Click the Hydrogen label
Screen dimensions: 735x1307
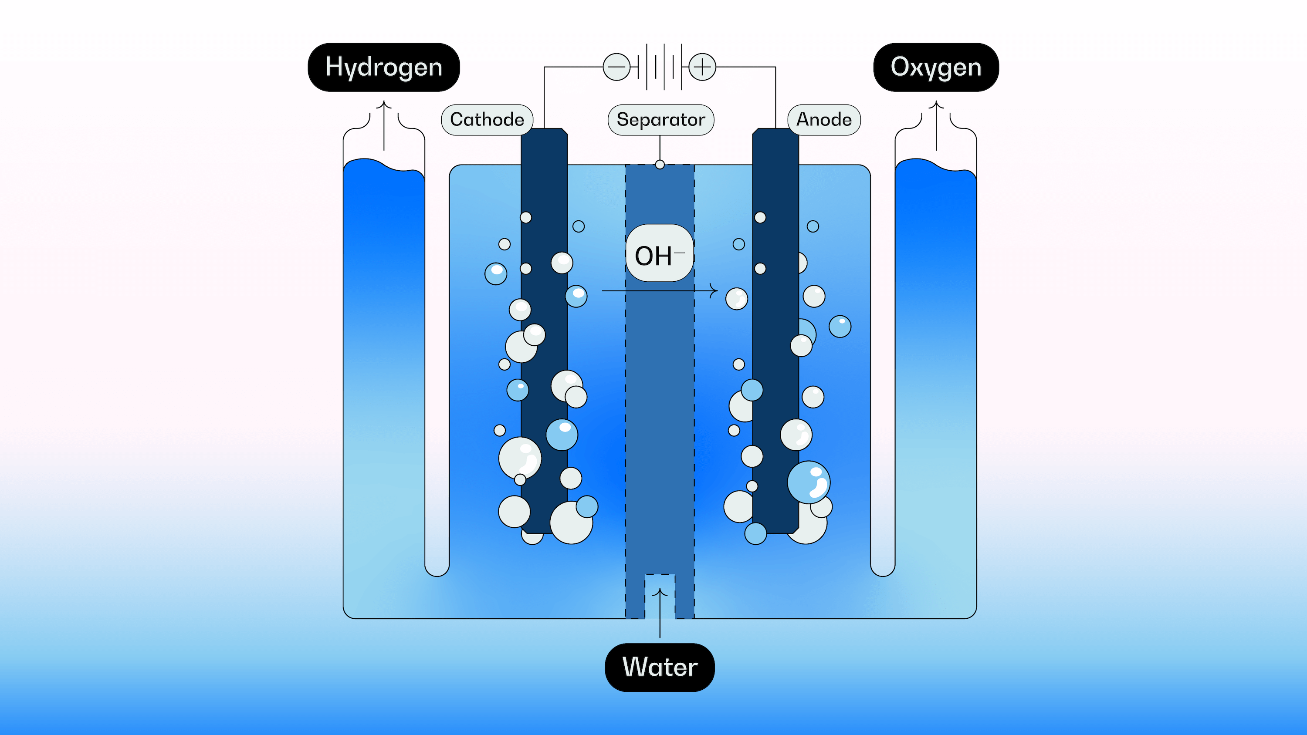[x=383, y=67]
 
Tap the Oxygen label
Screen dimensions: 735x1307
[x=936, y=67]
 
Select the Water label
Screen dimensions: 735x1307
[x=660, y=667]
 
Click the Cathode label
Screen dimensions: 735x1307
[x=487, y=120]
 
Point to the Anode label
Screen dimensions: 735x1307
[x=823, y=120]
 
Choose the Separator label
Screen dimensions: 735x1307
[x=660, y=120]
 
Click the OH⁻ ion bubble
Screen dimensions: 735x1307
[x=659, y=253]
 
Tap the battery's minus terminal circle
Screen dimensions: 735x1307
[x=616, y=67]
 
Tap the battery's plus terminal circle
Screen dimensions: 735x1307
[x=702, y=67]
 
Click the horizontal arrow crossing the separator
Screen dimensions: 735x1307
[x=660, y=291]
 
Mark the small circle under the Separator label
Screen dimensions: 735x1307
[x=660, y=164]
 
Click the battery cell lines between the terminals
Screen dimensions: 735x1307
[x=660, y=67]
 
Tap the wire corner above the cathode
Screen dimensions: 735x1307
[x=545, y=67]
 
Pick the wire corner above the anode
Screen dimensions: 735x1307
[x=775, y=67]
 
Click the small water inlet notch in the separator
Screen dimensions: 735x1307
[x=660, y=583]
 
